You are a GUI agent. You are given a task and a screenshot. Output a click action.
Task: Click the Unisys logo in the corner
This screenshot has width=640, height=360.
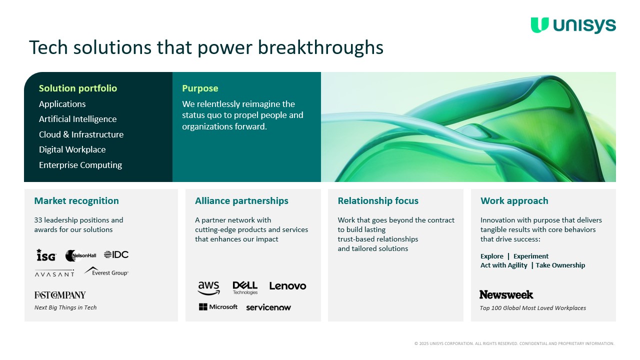pos(573,25)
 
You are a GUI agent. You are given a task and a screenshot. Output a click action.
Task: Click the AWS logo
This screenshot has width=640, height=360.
pos(209,288)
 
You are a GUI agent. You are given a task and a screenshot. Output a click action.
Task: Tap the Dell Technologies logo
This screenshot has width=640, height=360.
pos(245,288)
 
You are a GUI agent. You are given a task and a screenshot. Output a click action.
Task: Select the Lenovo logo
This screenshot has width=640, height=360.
pos(287,286)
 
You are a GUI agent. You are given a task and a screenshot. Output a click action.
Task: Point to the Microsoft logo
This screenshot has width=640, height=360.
pos(218,307)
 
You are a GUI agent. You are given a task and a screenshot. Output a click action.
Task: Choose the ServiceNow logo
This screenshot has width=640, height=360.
pos(268,307)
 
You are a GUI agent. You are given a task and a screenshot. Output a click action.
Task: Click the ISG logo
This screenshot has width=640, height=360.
pos(46,255)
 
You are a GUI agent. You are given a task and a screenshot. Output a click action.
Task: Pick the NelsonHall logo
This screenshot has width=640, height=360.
pos(81,255)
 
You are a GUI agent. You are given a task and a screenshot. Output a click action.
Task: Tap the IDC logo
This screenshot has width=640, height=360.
pos(116,254)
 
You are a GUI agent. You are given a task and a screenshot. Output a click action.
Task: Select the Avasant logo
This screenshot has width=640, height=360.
pos(54,273)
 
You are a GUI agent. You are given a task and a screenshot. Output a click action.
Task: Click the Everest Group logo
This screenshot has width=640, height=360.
pos(106,271)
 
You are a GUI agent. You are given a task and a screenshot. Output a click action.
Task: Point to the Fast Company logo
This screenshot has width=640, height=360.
pos(60,295)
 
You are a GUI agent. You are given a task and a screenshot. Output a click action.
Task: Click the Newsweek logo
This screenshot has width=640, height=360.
pos(506,294)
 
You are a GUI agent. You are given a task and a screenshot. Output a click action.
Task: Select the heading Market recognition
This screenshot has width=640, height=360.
pos(76,201)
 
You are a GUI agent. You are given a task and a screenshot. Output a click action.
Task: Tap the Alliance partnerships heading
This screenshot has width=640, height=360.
pos(241,201)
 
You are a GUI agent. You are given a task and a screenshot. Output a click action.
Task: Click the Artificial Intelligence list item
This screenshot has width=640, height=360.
pos(77,119)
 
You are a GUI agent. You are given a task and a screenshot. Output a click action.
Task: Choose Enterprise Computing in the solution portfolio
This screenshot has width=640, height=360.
pos(80,165)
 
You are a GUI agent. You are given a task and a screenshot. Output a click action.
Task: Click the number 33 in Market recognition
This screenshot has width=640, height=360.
pos(38,220)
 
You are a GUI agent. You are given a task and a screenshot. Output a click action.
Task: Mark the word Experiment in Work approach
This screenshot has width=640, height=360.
pos(531,256)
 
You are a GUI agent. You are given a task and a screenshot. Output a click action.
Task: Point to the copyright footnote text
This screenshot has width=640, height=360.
pos(514,343)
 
